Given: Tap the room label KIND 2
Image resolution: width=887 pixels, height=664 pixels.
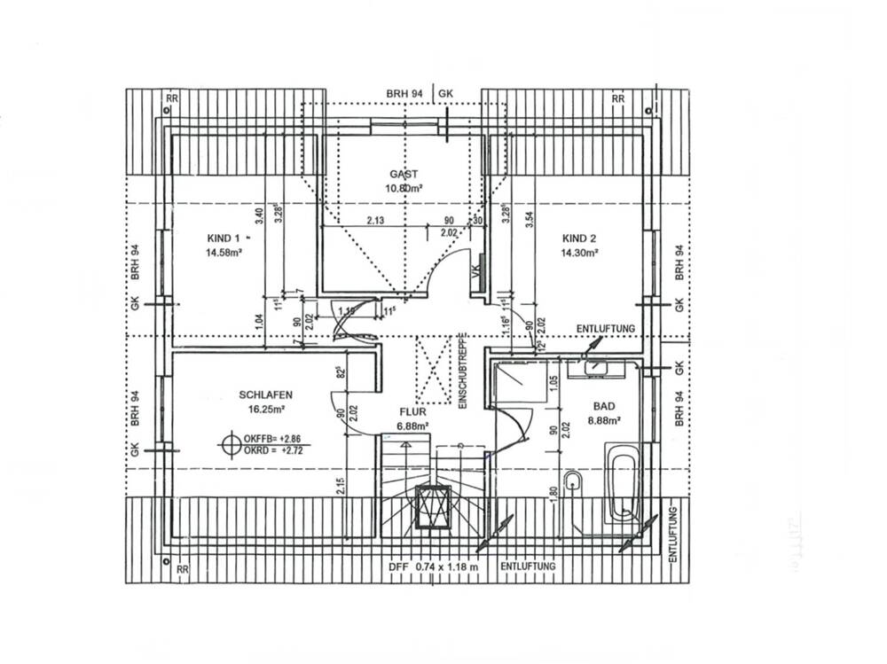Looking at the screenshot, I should tap(578, 238).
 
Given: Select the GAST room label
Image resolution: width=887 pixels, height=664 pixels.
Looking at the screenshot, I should tap(403, 175).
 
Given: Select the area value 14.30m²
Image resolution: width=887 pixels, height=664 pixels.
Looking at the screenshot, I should tap(578, 253).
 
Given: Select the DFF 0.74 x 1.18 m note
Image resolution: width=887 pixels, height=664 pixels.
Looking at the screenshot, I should tap(434, 566).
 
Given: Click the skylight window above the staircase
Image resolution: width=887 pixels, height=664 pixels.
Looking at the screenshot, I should tap(435, 508).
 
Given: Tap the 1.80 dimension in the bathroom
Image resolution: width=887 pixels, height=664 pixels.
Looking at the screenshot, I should tap(555, 494).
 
